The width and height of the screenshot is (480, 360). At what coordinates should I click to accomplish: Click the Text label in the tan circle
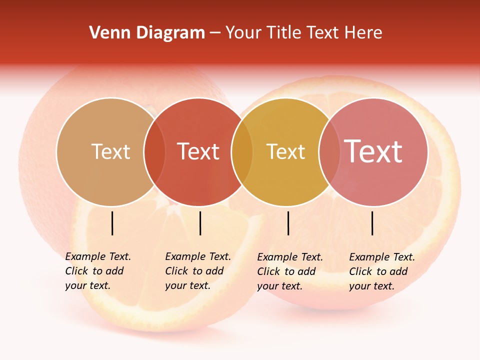[x=110, y=151]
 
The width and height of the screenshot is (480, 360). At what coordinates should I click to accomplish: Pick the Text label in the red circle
[x=198, y=151]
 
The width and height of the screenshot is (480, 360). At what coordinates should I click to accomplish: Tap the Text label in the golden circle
[x=285, y=151]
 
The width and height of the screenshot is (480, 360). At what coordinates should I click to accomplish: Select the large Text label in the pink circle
[x=373, y=151]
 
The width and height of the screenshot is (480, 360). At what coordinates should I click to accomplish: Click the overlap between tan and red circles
[x=154, y=151]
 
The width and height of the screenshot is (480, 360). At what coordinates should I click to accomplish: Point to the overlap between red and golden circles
[x=242, y=151]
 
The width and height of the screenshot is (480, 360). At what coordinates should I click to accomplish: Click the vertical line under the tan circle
[x=112, y=223]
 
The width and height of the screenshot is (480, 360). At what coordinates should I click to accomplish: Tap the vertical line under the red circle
[x=200, y=223]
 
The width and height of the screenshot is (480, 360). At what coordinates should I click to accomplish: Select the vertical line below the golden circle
[x=288, y=223]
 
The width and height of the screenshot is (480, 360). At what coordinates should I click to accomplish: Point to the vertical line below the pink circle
[x=372, y=223]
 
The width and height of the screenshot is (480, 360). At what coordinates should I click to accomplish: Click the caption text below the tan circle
[x=97, y=271]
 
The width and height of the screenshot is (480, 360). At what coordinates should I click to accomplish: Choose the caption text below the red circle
[x=197, y=271]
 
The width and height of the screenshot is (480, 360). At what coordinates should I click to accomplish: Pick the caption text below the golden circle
[x=289, y=271]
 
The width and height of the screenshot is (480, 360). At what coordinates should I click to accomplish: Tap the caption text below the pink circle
[x=381, y=271]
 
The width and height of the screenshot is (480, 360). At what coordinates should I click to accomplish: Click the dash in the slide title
[x=215, y=33]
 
